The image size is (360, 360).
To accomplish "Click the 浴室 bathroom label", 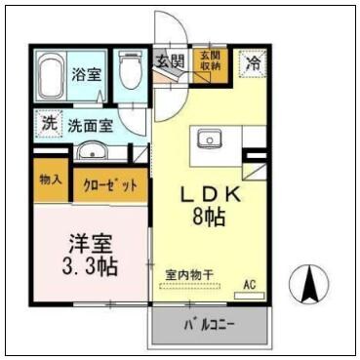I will click(83, 73).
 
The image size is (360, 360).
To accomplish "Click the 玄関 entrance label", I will click(170, 61).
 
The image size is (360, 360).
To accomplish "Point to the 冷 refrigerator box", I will click(253, 61).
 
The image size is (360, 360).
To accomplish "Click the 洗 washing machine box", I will click(48, 124).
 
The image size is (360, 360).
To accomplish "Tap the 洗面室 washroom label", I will click(91, 125).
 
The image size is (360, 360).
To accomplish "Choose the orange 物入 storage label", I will click(50, 180).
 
